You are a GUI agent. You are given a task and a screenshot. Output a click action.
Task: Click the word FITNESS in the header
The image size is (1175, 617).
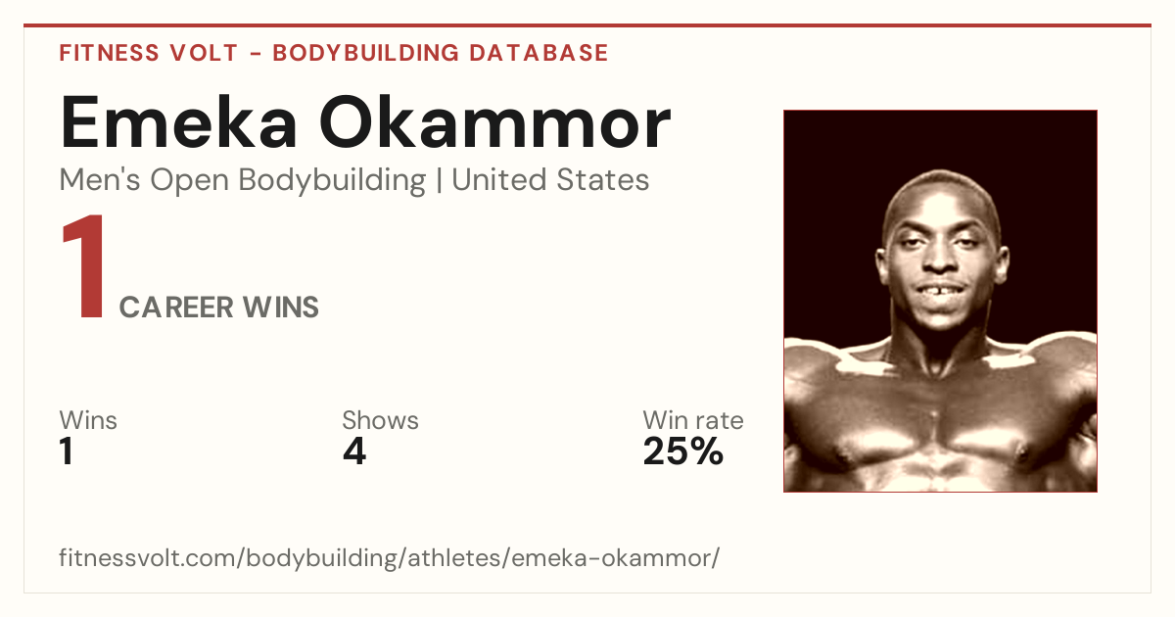point(109,53)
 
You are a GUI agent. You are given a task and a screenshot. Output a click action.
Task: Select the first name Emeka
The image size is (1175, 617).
point(179,122)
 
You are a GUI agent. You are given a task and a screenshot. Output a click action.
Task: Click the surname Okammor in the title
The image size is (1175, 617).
point(494,122)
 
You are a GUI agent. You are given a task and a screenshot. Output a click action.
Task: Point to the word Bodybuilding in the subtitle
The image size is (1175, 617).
point(332,180)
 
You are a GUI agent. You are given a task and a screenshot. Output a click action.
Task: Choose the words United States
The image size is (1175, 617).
point(550,179)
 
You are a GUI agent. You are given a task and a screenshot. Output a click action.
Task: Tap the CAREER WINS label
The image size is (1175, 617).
point(218,307)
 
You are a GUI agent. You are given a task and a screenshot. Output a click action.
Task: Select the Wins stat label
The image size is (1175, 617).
point(88,420)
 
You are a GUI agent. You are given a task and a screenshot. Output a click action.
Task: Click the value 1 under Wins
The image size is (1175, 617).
point(67,451)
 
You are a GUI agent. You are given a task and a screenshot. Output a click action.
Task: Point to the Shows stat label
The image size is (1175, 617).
point(380,420)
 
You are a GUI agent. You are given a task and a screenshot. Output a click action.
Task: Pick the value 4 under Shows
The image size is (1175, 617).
point(354,451)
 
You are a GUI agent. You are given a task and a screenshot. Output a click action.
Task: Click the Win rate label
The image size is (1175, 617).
point(693,420)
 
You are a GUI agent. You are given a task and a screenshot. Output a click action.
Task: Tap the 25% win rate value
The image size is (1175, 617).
point(683,451)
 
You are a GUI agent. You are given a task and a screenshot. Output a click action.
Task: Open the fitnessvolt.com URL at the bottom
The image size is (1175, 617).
point(390,557)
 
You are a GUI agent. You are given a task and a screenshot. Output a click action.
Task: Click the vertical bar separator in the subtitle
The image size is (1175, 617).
point(439,180)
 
